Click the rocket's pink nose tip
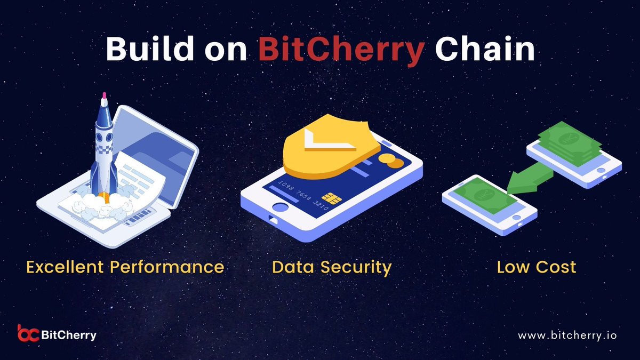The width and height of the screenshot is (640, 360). (104, 96)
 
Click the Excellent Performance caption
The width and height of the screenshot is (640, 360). (125, 266)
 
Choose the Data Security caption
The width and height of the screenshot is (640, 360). (331, 267)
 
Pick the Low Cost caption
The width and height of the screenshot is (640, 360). (537, 267)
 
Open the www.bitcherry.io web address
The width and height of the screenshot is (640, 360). (567, 335)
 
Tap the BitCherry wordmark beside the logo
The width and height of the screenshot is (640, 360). (69, 335)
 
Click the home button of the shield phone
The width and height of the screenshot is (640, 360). (279, 207)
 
